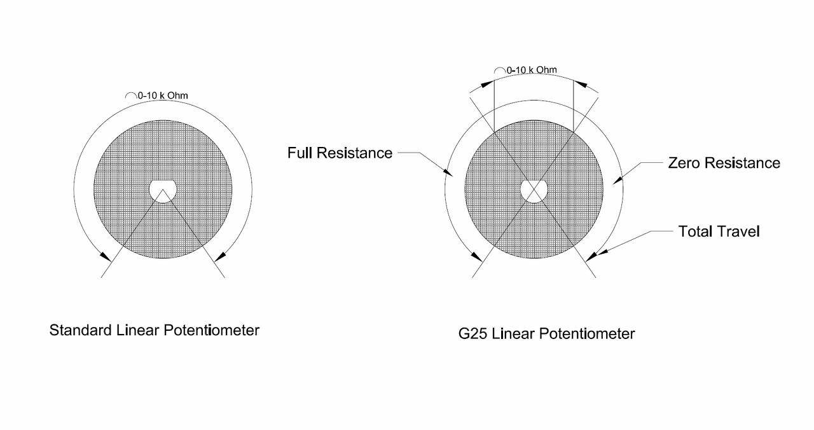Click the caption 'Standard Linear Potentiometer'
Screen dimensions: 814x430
[155, 331]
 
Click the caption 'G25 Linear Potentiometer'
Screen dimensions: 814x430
[546, 333]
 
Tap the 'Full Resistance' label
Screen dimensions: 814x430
[340, 153]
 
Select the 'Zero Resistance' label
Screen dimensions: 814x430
[724, 163]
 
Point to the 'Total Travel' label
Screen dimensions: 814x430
[719, 232]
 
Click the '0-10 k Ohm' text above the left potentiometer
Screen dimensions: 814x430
[162, 96]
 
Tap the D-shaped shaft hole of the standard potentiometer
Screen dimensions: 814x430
[163, 190]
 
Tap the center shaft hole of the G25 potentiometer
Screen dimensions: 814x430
[535, 190]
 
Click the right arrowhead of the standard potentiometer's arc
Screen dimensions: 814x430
[220, 256]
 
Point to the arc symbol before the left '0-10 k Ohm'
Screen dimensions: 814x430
[130, 95]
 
